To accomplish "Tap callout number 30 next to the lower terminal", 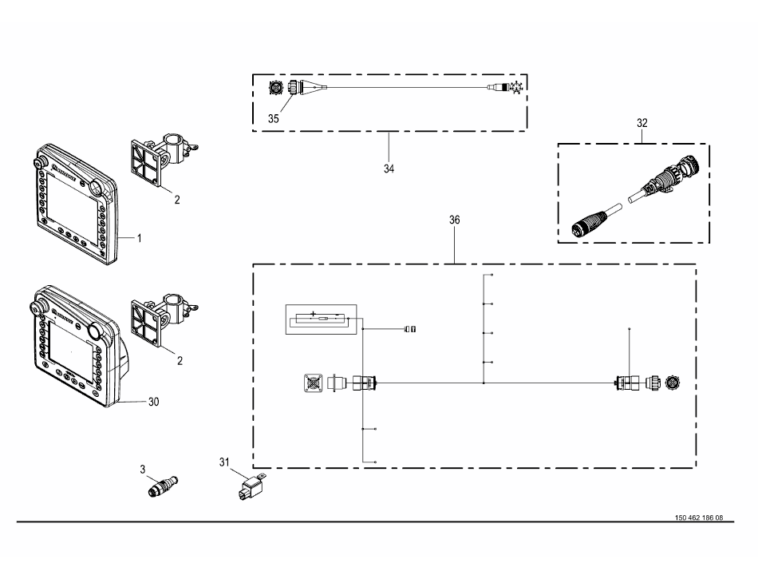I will point(153,402).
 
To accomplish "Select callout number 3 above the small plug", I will point(142,469).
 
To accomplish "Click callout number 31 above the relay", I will point(223,462).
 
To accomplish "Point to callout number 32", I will point(642,123).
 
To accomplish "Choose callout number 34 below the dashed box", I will point(389,169).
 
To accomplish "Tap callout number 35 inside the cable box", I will point(274,118).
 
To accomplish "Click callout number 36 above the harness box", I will point(454,219).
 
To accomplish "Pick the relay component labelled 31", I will point(250,485).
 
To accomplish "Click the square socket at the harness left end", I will point(312,384).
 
